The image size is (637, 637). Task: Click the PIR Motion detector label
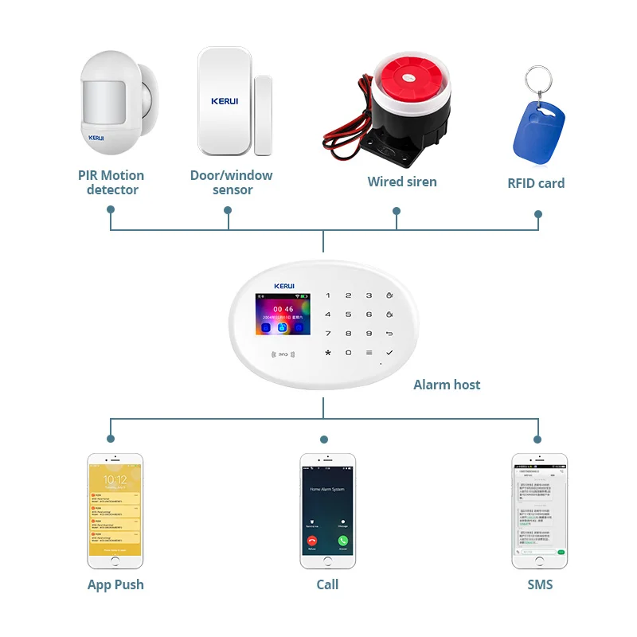(111, 182)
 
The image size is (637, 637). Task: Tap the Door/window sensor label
(231, 182)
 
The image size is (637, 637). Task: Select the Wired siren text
(402, 182)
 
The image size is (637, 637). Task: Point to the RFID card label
(536, 183)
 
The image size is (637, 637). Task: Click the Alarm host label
(447, 385)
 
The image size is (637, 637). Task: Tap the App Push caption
(115, 584)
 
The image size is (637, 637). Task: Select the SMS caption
(539, 584)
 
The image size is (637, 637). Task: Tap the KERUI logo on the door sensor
(225, 101)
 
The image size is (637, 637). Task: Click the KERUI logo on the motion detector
(96, 137)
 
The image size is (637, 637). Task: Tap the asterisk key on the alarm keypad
(327, 352)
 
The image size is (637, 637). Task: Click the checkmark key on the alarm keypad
(389, 352)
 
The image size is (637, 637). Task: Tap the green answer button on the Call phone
(342, 539)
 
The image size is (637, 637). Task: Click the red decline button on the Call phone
(311, 539)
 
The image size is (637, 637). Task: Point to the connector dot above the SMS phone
(537, 439)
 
